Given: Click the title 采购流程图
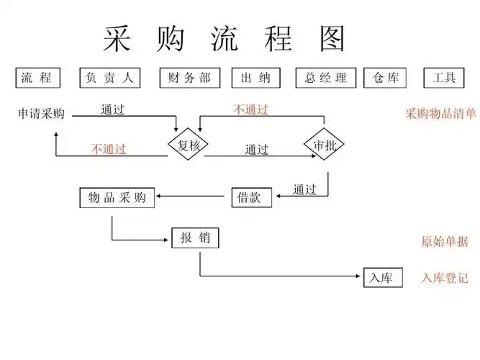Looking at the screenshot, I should [223, 39].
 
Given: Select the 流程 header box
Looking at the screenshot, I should [37, 78].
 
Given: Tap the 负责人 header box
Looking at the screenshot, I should [109, 78].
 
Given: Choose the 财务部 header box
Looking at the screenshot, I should [189, 78].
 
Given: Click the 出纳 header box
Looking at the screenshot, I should [255, 78].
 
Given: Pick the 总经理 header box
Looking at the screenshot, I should [326, 78].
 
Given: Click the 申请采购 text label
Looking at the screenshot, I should [41, 114].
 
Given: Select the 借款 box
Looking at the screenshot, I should [251, 197].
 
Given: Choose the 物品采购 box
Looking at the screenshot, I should [117, 197].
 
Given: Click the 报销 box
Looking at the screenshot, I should [195, 238].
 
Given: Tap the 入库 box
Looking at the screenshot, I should [382, 278].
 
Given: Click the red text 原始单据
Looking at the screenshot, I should [444, 242].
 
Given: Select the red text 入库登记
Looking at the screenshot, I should [444, 278].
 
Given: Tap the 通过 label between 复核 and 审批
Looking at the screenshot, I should [256, 150].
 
